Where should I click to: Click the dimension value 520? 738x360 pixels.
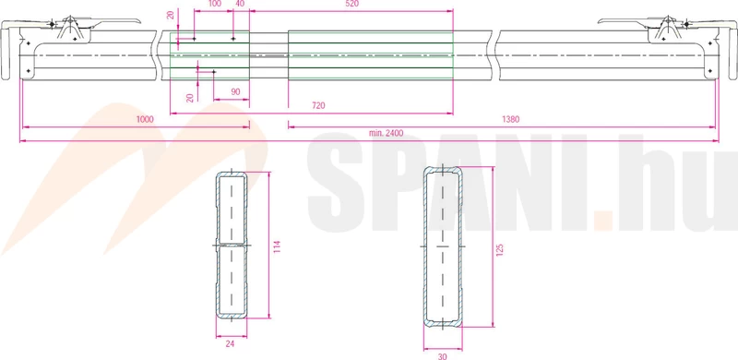(351, 4)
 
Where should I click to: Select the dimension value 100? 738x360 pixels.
(214, 4)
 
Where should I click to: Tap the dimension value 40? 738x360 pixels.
(240, 4)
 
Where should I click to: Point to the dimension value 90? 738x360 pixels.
(236, 92)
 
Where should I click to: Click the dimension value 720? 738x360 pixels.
(318, 106)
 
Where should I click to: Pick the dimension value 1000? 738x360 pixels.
(145, 119)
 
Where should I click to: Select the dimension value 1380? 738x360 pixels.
(511, 119)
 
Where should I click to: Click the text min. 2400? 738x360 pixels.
(387, 133)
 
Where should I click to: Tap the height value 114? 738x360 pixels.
(278, 247)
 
